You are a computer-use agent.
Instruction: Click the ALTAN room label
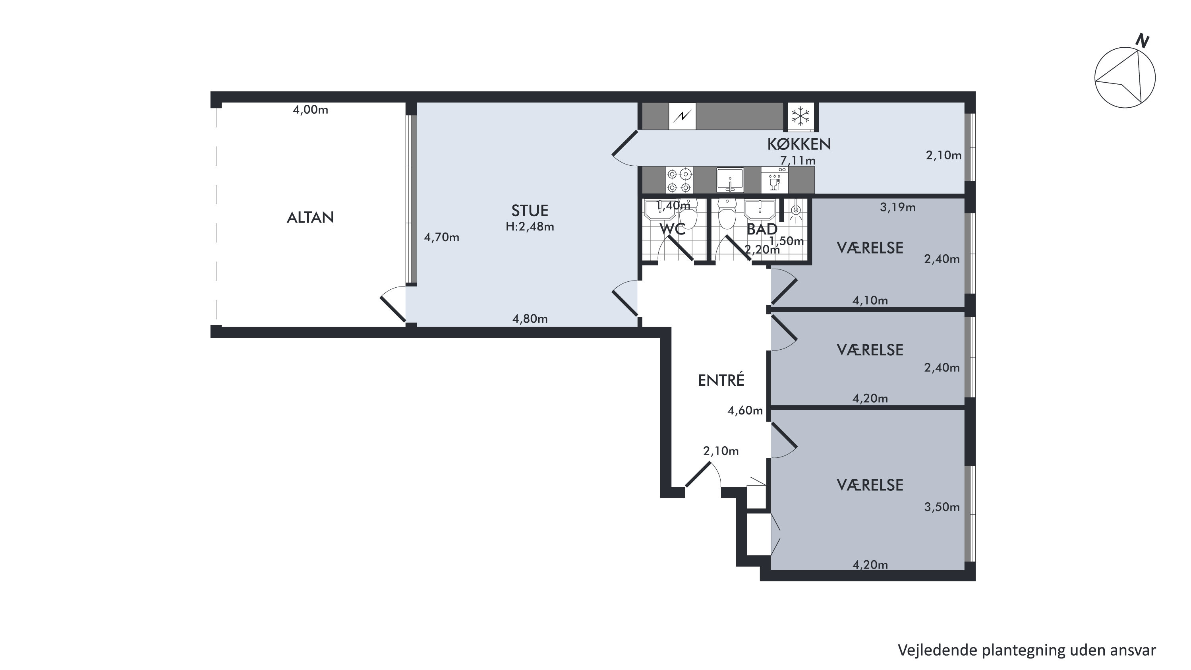pyautogui.click(x=310, y=217)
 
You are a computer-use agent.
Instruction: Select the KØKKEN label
pyautogui.click(x=799, y=144)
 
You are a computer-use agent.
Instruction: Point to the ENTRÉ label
pyautogui.click(x=721, y=380)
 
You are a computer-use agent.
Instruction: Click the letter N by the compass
pyautogui.click(x=1143, y=41)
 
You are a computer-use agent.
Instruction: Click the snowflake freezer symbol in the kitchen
pyautogui.click(x=800, y=116)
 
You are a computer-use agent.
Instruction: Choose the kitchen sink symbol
pyautogui.click(x=730, y=180)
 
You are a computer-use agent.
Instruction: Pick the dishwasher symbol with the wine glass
pyautogui.click(x=774, y=180)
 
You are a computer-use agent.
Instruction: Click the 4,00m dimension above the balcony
pyautogui.click(x=310, y=110)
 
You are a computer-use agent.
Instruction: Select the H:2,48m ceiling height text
pyautogui.click(x=530, y=227)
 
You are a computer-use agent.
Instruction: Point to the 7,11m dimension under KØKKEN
pyautogui.click(x=798, y=161)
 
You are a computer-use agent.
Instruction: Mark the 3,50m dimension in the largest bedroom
pyautogui.click(x=942, y=507)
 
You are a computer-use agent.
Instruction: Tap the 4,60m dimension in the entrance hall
pyautogui.click(x=745, y=410)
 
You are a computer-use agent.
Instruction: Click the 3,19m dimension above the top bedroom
pyautogui.click(x=897, y=207)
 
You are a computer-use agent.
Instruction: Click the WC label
pyautogui.click(x=672, y=229)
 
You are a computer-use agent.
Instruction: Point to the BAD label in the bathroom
pyautogui.click(x=762, y=229)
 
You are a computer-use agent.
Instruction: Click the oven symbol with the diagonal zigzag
pyautogui.click(x=682, y=116)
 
